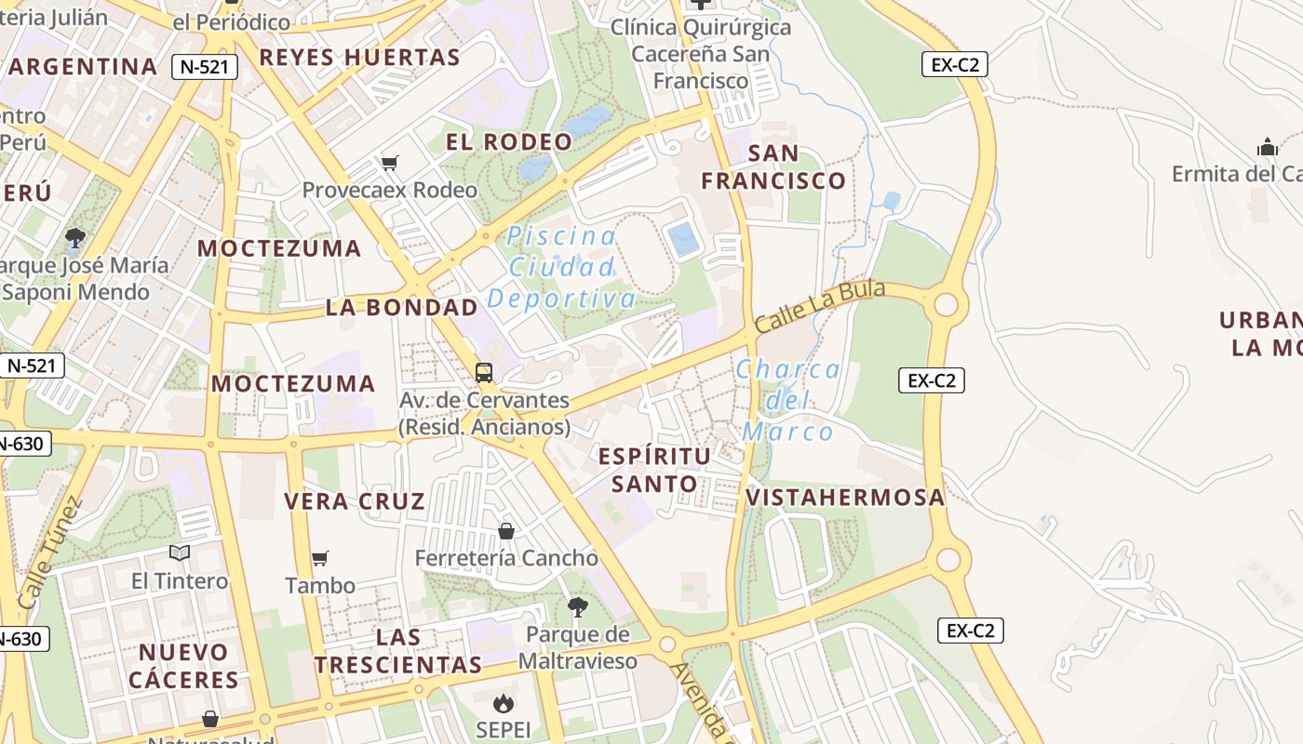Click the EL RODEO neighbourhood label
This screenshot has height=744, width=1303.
point(509,142)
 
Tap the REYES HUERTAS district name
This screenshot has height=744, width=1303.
point(359,58)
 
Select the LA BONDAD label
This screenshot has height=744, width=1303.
point(402,308)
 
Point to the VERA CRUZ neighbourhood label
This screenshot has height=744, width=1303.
point(355,502)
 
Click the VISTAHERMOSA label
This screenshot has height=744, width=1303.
point(845,498)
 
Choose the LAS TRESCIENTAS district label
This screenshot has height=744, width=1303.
point(398,651)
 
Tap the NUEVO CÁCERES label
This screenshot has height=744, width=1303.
point(184,666)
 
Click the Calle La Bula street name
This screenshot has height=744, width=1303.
point(819,307)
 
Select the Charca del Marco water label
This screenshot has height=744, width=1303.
point(788,401)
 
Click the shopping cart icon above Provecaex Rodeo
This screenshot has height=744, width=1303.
point(390,164)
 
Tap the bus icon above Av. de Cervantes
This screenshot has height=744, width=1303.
point(484,373)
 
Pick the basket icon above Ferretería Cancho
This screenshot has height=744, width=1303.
point(506,531)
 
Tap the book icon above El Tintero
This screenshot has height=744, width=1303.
point(180,553)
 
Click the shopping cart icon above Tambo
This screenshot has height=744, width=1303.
point(320,559)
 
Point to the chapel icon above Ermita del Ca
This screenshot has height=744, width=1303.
point(1268,147)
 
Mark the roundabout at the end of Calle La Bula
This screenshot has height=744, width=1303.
point(946,305)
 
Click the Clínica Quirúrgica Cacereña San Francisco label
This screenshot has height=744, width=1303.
point(701,54)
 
